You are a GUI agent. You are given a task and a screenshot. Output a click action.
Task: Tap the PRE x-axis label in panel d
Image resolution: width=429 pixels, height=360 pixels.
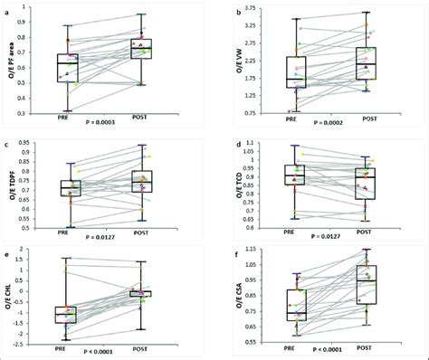(x=292, y=232)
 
